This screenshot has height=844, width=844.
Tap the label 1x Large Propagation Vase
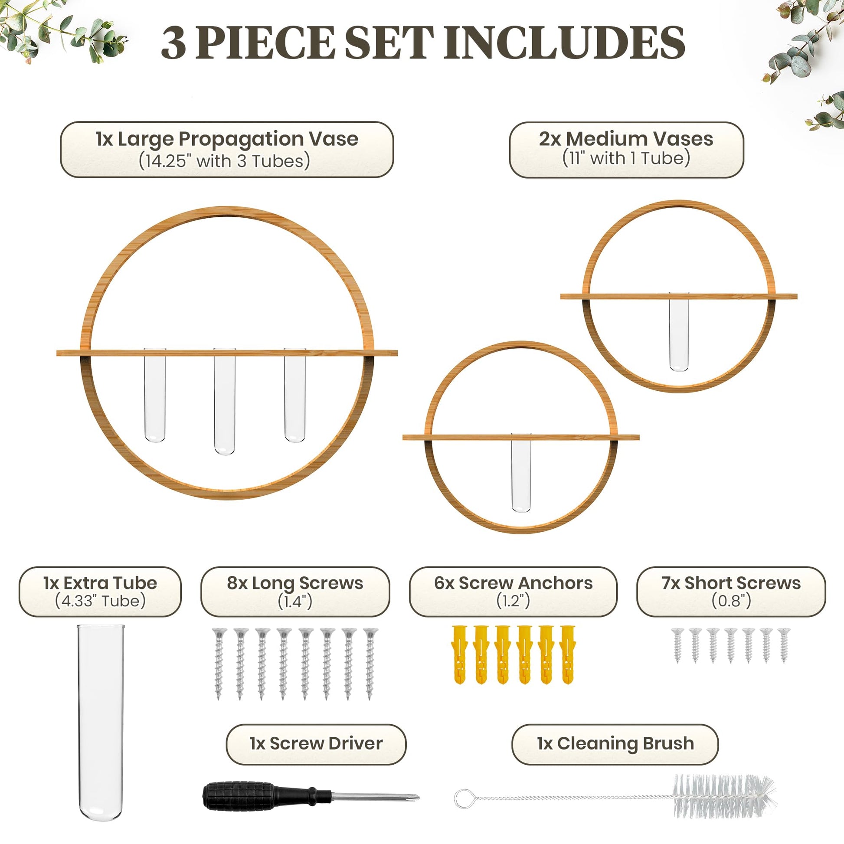point(227,139)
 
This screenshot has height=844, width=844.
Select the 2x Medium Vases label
point(626,139)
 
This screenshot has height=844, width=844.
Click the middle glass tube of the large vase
point(225,402)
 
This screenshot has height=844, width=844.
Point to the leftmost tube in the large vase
point(155,395)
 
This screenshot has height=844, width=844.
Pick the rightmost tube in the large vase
point(294,395)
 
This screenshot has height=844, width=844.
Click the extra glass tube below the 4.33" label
point(101,723)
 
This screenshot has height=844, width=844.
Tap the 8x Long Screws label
point(295,583)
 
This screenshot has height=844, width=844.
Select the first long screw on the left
point(219,664)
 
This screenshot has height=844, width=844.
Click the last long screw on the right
point(370,664)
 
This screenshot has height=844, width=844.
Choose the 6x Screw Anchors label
point(513,583)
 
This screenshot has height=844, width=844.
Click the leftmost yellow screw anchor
point(459,655)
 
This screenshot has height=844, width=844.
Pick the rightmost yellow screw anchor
point(567,655)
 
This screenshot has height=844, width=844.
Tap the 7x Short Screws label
point(731,583)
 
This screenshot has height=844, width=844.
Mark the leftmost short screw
point(677,646)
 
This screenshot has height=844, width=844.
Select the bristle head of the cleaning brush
point(724,796)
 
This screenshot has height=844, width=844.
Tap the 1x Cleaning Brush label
point(615,743)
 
